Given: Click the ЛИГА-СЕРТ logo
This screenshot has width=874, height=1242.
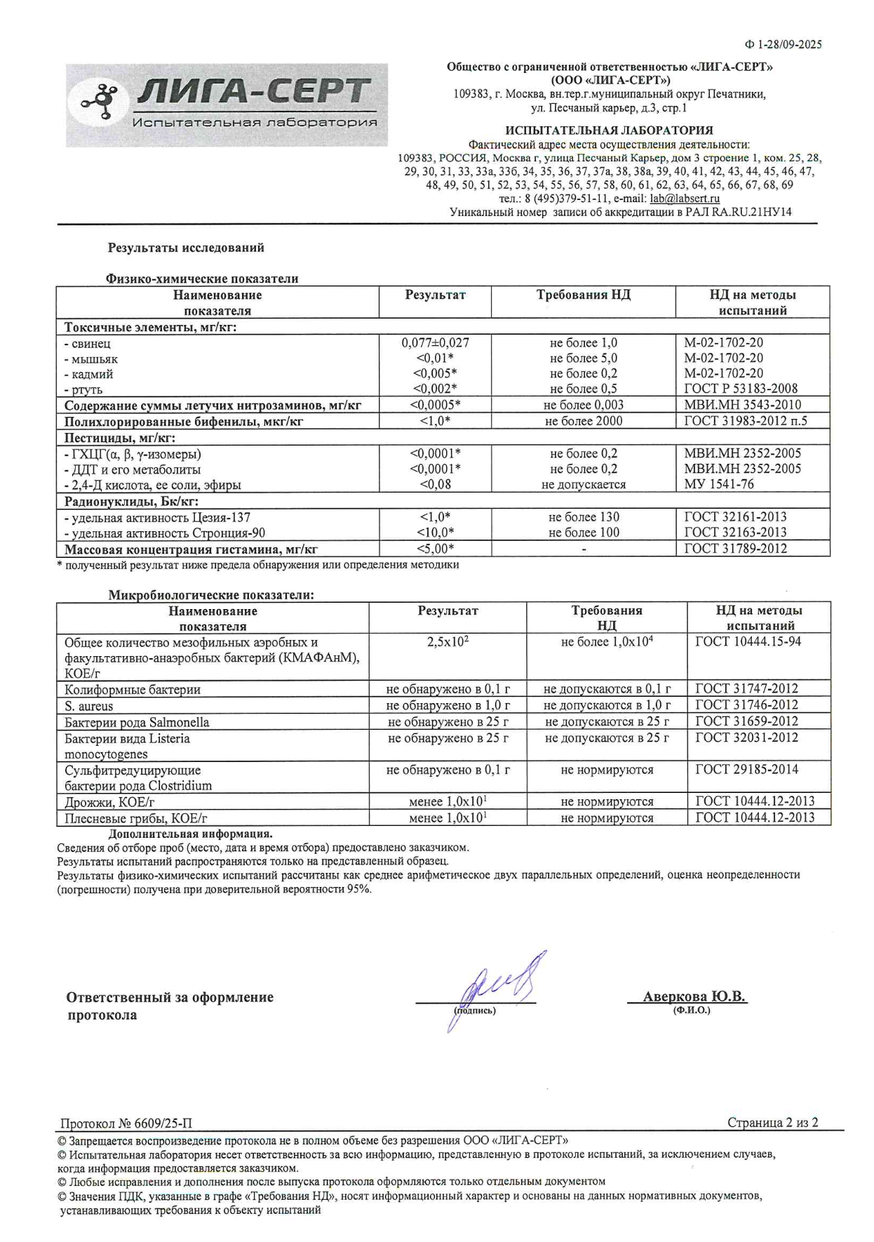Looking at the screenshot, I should tap(227, 105).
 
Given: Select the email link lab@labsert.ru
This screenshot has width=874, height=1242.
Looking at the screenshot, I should tap(684, 199).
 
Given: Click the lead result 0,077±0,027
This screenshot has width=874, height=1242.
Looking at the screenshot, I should tap(435, 343).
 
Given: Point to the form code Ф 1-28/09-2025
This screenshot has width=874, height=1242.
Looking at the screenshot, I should tap(783, 44).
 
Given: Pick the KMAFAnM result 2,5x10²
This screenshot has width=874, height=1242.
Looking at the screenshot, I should tap(448, 642).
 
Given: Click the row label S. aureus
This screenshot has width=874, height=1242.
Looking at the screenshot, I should tap(89, 706).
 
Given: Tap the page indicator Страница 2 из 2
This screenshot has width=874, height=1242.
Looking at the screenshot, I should tap(772, 1123).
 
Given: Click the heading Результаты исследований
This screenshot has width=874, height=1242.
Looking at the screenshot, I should tap(185, 248).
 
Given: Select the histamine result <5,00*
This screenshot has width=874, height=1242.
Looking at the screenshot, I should tap(435, 549).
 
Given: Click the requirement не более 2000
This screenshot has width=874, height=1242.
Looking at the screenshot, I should tap(583, 421).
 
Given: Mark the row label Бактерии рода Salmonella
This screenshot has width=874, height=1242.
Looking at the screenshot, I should tap(137, 722).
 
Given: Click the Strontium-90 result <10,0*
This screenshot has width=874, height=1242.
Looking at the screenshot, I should tap(435, 533).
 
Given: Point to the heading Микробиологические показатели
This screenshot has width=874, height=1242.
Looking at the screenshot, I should tap(210, 595).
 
